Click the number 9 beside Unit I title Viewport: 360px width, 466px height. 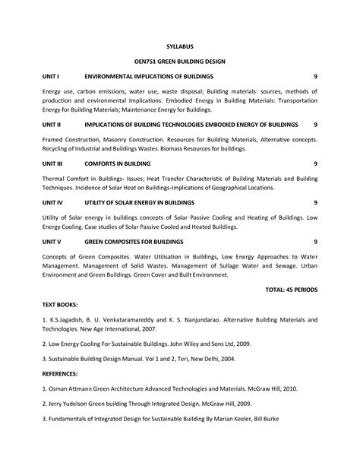315,78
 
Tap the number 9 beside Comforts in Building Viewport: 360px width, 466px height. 315,163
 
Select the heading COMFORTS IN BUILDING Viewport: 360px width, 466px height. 118,163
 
